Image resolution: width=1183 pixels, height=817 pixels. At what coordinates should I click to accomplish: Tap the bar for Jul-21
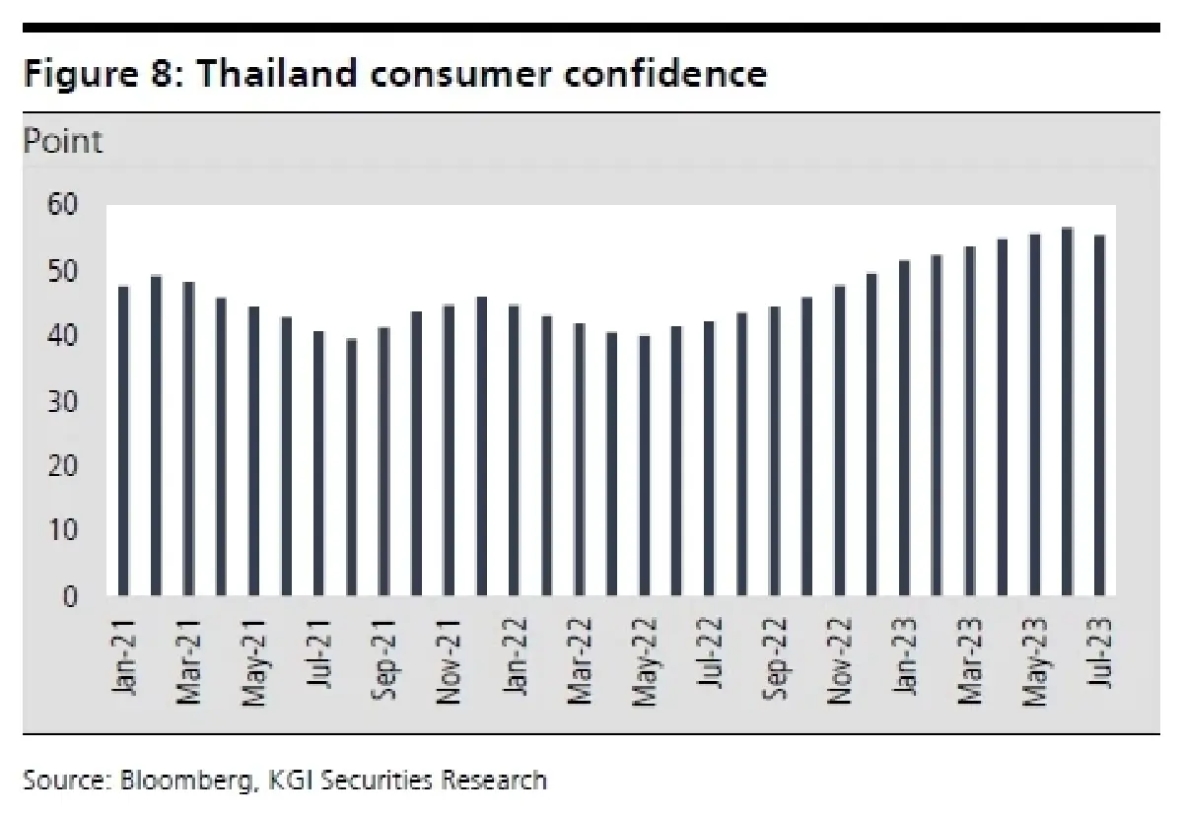[318, 463]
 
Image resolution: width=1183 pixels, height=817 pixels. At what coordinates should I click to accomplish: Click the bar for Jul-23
[1099, 415]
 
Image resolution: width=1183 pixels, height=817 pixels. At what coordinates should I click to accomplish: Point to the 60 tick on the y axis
[62, 206]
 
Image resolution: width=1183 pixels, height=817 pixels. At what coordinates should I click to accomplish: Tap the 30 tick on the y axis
[62, 401]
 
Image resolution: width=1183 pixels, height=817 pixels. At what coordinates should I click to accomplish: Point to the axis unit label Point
[62, 142]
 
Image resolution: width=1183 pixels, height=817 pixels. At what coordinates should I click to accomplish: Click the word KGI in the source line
[291, 782]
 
